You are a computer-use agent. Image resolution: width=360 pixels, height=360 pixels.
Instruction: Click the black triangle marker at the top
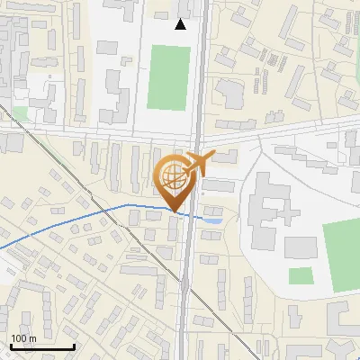[x=181, y=24]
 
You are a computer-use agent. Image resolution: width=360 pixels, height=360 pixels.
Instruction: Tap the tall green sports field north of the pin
[x=168, y=76]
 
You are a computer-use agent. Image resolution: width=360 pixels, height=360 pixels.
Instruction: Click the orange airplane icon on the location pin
[x=194, y=164]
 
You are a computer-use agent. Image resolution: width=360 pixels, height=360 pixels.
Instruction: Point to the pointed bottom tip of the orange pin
[x=173, y=212]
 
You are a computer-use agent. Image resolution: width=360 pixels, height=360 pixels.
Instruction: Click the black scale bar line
[x=41, y=346]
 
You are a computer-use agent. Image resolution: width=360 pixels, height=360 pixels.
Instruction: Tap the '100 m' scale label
[x=23, y=338]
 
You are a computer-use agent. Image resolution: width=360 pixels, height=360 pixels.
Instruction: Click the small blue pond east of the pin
[x=213, y=220]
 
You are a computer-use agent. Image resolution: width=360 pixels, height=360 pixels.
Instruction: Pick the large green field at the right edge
[x=341, y=255]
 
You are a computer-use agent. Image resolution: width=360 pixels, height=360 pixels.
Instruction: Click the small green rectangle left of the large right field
[x=301, y=275]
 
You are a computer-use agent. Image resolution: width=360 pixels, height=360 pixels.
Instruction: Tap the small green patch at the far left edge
[x=20, y=113]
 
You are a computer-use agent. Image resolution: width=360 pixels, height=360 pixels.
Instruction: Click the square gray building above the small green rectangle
[x=301, y=247]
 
